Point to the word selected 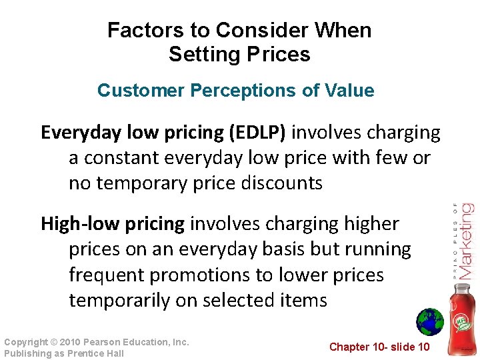[239, 300]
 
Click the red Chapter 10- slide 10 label [380, 347]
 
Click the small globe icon [429, 322]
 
